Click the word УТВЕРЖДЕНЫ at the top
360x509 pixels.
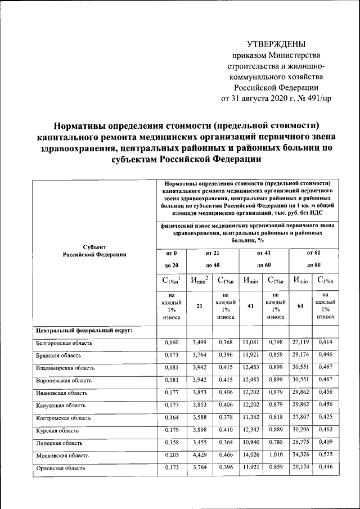click(x=277, y=43)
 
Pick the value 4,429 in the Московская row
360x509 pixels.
click(x=200, y=455)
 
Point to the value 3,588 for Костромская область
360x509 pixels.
click(x=200, y=418)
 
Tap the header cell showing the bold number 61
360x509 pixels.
click(x=301, y=307)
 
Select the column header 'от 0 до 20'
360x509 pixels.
click(x=171, y=259)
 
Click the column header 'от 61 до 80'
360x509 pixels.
click(x=314, y=259)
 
